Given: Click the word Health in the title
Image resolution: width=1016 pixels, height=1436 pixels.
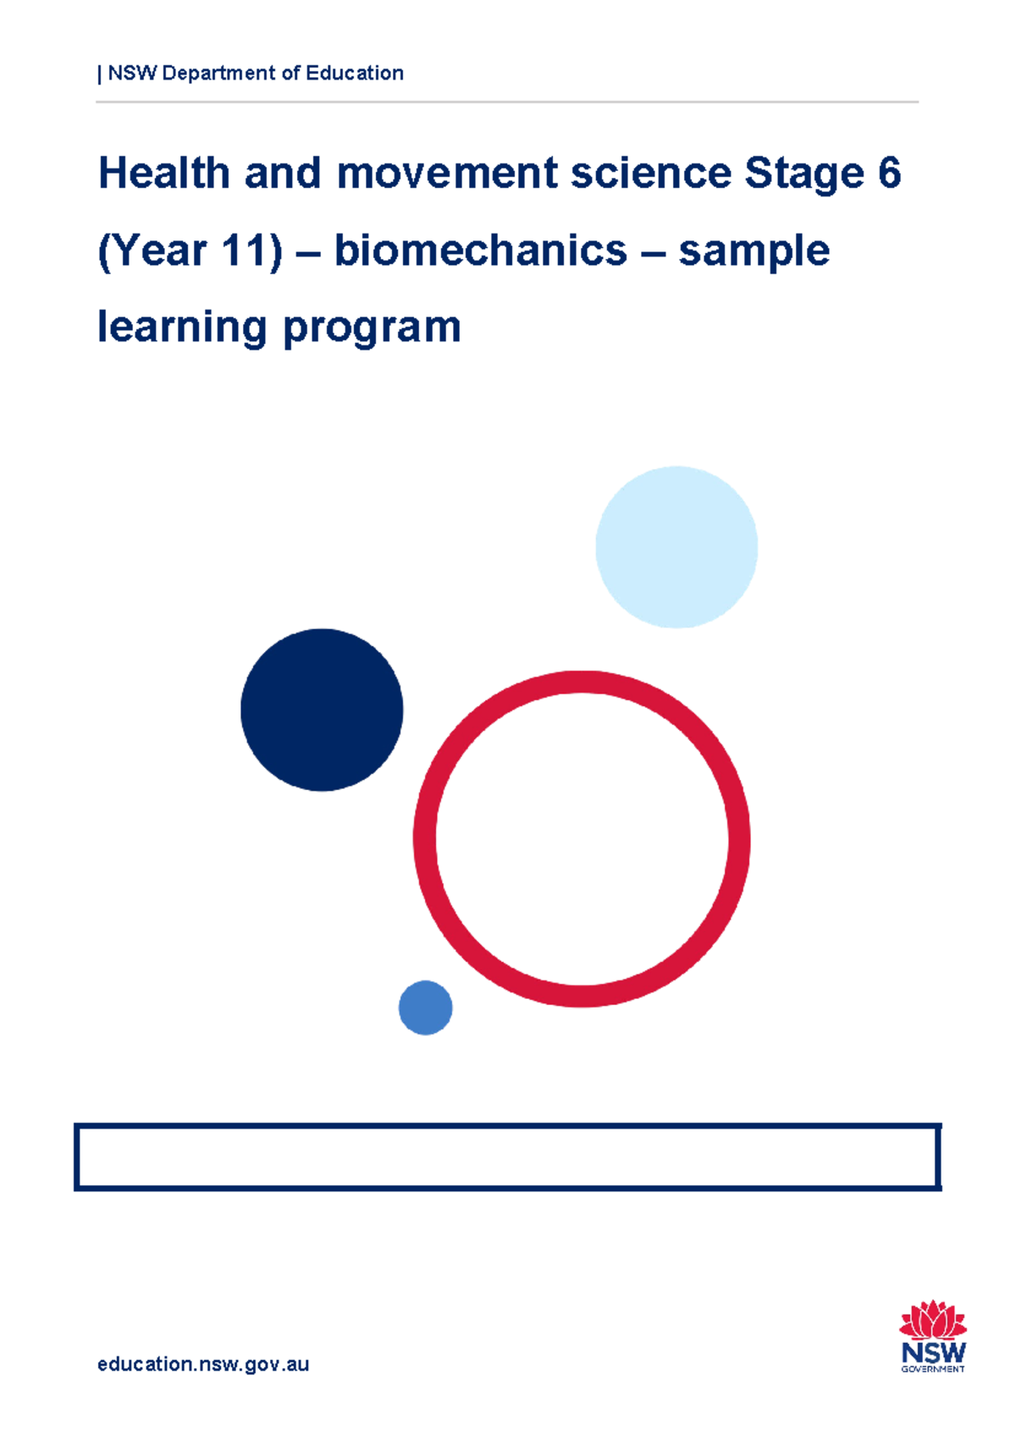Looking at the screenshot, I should point(164,174).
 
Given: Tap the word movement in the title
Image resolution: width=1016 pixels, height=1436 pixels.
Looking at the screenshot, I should point(447,174).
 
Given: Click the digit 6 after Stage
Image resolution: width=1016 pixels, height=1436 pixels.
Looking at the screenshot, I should point(889,174).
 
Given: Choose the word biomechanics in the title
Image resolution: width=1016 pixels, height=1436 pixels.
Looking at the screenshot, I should point(480,251).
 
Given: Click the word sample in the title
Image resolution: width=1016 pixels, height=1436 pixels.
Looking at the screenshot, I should point(754,252).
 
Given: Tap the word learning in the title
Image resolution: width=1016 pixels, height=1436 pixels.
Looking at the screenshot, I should point(182,329).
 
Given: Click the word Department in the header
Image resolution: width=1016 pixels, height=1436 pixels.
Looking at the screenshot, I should point(218,74).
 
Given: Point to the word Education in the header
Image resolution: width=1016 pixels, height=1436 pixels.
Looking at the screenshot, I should point(355,74).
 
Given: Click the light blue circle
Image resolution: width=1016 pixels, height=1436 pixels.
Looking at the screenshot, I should point(676,547).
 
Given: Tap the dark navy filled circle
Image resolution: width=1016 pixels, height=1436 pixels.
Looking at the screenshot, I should point(322,710).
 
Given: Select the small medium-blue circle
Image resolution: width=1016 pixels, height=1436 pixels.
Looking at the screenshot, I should point(425,1008).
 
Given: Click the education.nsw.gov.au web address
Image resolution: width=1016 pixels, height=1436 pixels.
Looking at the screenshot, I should point(203,1364).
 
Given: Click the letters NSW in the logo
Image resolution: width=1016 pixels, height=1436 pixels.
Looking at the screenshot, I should point(933,1352).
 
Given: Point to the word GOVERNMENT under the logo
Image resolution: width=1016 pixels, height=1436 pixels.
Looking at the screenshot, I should point(933,1369).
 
